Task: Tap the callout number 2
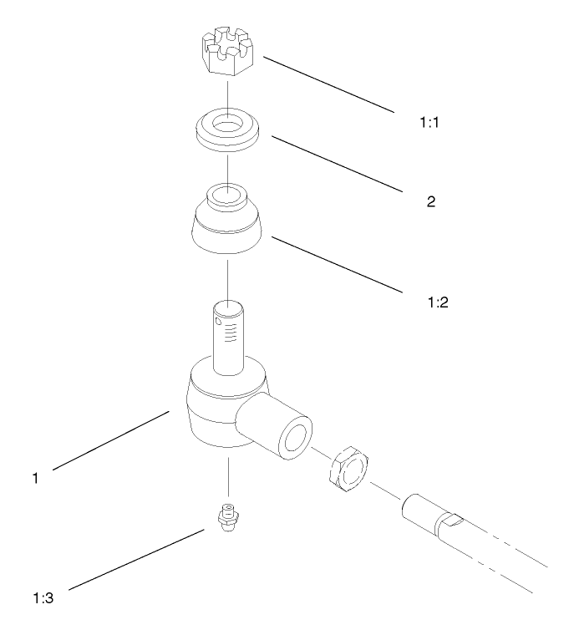431,201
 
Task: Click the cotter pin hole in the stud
219,319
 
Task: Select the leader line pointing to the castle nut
326,84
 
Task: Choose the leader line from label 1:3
134,560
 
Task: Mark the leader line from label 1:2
334,263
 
